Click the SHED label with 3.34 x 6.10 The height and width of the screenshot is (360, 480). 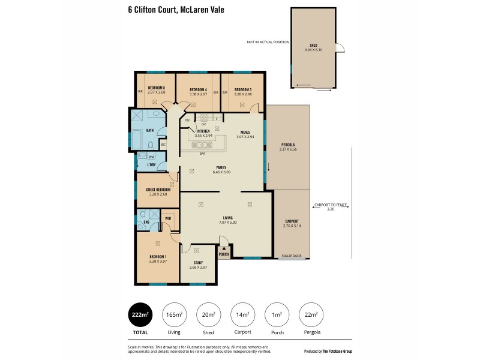coord(313,47)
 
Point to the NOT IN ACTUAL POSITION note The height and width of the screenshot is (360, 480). coord(268,43)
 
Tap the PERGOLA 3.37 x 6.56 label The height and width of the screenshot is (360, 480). coord(288,147)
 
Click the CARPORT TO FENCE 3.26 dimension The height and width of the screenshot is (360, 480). coord(330,207)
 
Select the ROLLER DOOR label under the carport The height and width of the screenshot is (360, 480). coord(292,256)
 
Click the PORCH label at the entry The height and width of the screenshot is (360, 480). coord(224,254)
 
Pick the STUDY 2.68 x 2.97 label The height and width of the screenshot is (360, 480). coord(197,265)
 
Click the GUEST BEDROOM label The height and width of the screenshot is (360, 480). coord(158,191)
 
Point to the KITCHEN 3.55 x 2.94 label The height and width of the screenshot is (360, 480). coord(203,133)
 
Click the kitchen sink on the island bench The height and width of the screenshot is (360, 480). coord(203,145)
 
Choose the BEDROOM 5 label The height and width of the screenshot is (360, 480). coord(156,91)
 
